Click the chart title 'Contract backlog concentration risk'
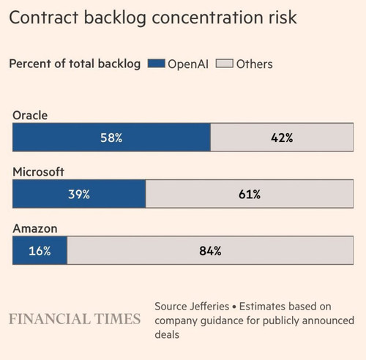coord(153,18)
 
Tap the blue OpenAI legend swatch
coord(157,64)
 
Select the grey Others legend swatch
coord(224,64)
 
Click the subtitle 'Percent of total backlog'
coord(75,64)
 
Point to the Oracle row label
coord(30,116)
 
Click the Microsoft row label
coord(38,172)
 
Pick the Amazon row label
coord(35,228)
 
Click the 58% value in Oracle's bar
coord(111,138)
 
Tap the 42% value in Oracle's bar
coord(282,138)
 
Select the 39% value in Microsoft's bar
coord(79,195)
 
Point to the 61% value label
coord(250,195)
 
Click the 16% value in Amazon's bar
coord(40,251)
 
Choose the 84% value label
coord(210,251)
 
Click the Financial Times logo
coord(75,319)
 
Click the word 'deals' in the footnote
coord(167,334)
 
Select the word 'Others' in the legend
coord(255,64)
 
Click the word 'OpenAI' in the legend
coord(188,64)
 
